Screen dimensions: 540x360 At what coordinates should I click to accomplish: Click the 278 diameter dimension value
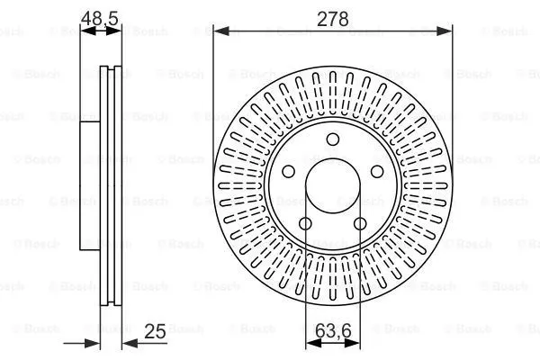click(333, 19)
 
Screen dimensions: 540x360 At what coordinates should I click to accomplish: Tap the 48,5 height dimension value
click(100, 18)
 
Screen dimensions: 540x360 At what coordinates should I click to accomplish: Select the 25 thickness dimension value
click(155, 331)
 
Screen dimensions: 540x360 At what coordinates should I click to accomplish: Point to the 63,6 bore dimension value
click(333, 331)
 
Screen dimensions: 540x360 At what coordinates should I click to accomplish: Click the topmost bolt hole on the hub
click(333, 139)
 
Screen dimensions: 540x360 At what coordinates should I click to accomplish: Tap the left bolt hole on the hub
click(288, 171)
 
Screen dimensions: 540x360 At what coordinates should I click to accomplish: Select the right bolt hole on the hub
click(377, 171)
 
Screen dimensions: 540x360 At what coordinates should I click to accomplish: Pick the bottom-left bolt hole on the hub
click(305, 223)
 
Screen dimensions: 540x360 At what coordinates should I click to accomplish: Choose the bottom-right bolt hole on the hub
click(360, 223)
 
